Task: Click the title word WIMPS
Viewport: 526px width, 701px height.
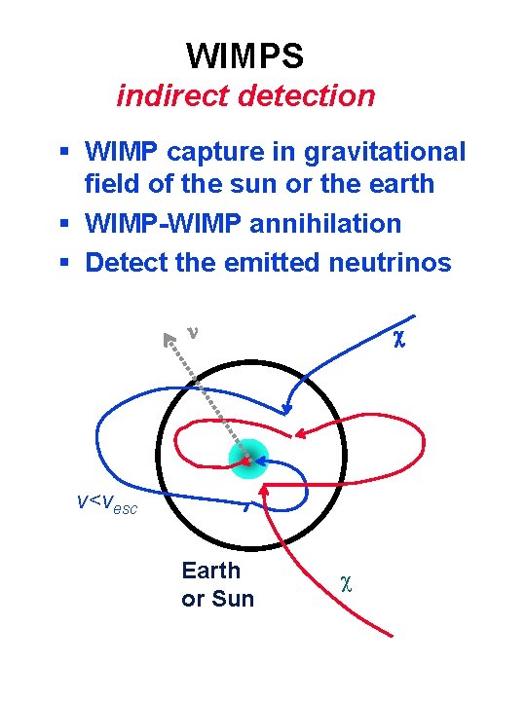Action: (x=244, y=55)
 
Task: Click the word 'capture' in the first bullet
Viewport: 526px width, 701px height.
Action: (x=211, y=153)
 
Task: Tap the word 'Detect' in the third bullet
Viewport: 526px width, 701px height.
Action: (x=124, y=262)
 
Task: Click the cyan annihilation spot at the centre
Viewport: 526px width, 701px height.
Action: (x=246, y=460)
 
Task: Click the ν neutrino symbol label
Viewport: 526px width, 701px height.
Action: (x=193, y=331)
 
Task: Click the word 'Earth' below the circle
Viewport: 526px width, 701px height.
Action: (x=210, y=571)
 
